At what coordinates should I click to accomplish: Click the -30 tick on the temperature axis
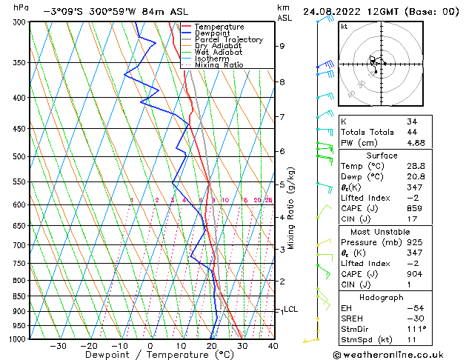[x=58, y=346]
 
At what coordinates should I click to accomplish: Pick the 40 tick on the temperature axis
[x=273, y=346]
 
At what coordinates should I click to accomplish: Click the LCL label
[x=291, y=309]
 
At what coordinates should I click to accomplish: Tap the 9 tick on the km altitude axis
[x=282, y=46]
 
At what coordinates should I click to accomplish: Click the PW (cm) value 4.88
[x=416, y=142]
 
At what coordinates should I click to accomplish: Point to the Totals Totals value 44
[x=412, y=132]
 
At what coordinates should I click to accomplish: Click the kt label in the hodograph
[x=344, y=26]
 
